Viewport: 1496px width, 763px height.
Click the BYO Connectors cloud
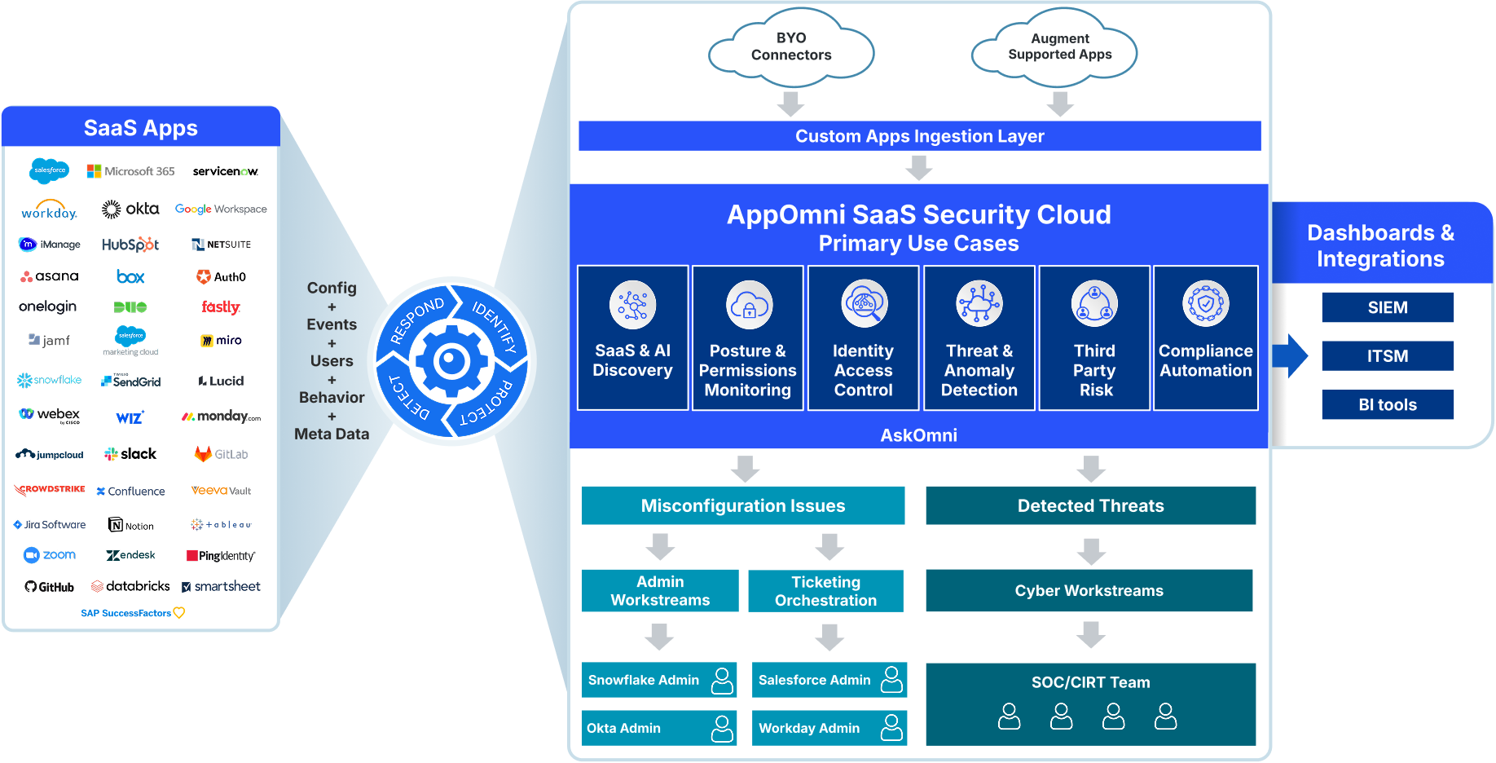pos(791,47)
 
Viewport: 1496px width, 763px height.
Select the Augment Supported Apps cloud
pos(1059,47)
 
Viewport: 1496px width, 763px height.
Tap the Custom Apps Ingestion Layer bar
pos(919,136)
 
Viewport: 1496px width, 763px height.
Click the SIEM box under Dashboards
pos(1387,307)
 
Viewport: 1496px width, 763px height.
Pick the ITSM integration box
pos(1387,356)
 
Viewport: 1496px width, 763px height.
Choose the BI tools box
pos(1387,404)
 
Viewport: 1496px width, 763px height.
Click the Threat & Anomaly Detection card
pos(979,338)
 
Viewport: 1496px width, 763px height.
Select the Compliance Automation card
pos(1205,338)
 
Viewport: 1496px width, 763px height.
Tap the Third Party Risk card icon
pos(1094,304)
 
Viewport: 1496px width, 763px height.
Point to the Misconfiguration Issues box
pos(742,505)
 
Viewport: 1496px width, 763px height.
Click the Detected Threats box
pos(1090,505)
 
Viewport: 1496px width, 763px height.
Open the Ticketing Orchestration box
pos(825,591)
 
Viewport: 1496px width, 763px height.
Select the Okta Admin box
pos(658,728)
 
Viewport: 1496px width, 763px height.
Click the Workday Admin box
pos(829,728)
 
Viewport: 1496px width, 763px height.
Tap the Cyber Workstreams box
pos(1089,591)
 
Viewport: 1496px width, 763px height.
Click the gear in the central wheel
pos(451,361)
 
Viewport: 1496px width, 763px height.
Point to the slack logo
pos(130,454)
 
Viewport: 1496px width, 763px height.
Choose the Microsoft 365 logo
pos(131,171)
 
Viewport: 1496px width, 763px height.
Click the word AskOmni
pos(918,435)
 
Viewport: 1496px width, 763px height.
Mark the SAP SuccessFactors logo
pos(133,613)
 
